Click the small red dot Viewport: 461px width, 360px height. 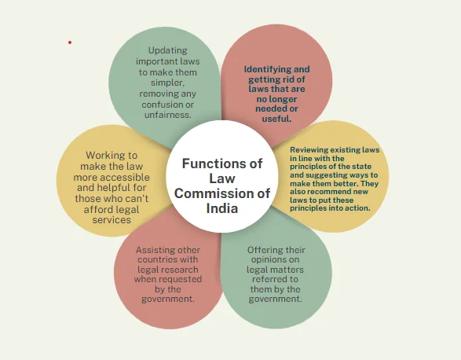click(70, 42)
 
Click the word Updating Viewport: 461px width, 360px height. click(168, 50)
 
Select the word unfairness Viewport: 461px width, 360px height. click(168, 115)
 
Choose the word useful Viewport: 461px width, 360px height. click(276, 119)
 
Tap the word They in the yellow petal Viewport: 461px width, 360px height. click(370, 183)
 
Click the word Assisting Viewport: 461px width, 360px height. click(153, 250)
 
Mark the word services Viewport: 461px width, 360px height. click(112, 219)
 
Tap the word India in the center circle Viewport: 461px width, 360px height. click(222, 208)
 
